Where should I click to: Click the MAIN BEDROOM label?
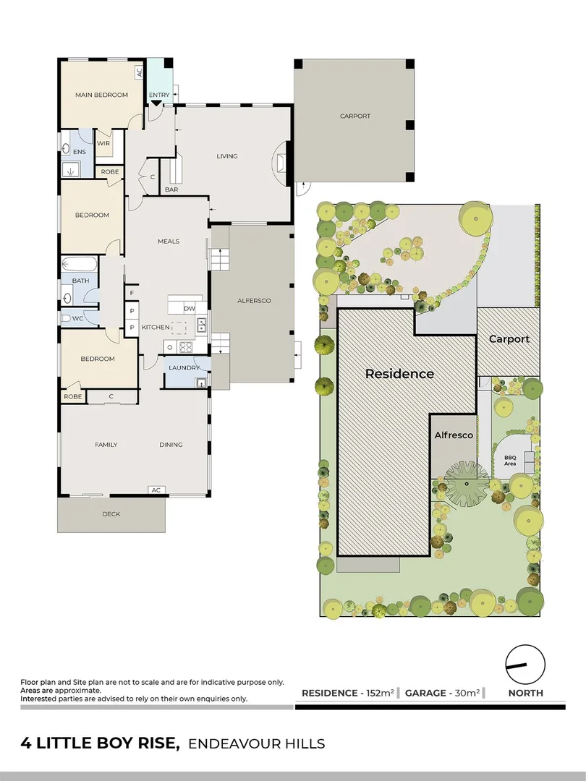(101, 95)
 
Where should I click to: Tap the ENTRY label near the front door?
(159, 95)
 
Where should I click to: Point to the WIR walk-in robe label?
(103, 143)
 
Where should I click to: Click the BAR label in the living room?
(171, 189)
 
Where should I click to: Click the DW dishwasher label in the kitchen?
(190, 309)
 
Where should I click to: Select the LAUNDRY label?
(184, 367)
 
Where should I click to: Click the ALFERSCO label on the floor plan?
(254, 300)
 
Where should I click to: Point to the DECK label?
(111, 514)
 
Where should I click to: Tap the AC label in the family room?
(155, 490)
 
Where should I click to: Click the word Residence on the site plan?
(399, 374)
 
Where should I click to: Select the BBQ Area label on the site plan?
(510, 460)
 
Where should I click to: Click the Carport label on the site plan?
(509, 338)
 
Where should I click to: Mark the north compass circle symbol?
(525, 663)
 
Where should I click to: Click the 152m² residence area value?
(381, 693)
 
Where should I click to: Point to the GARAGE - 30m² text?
(442, 693)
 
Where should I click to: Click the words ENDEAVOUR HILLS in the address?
(256, 743)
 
